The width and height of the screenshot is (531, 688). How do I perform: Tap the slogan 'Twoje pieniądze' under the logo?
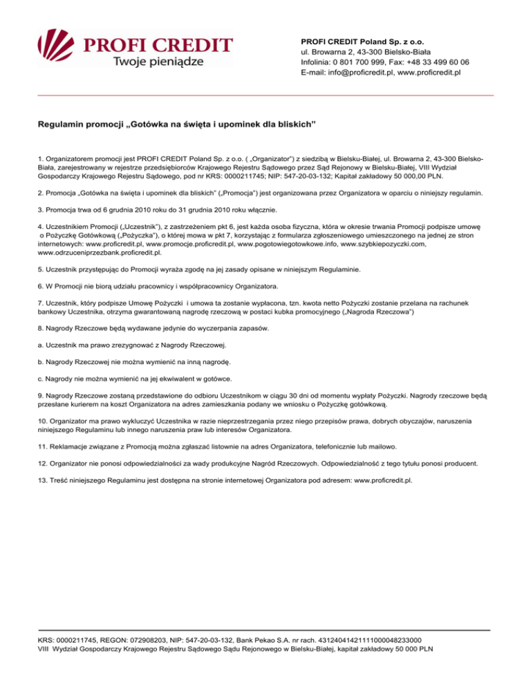pyautogui.click(x=158, y=61)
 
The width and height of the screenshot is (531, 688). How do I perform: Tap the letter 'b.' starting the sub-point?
pyautogui.click(x=41, y=361)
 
